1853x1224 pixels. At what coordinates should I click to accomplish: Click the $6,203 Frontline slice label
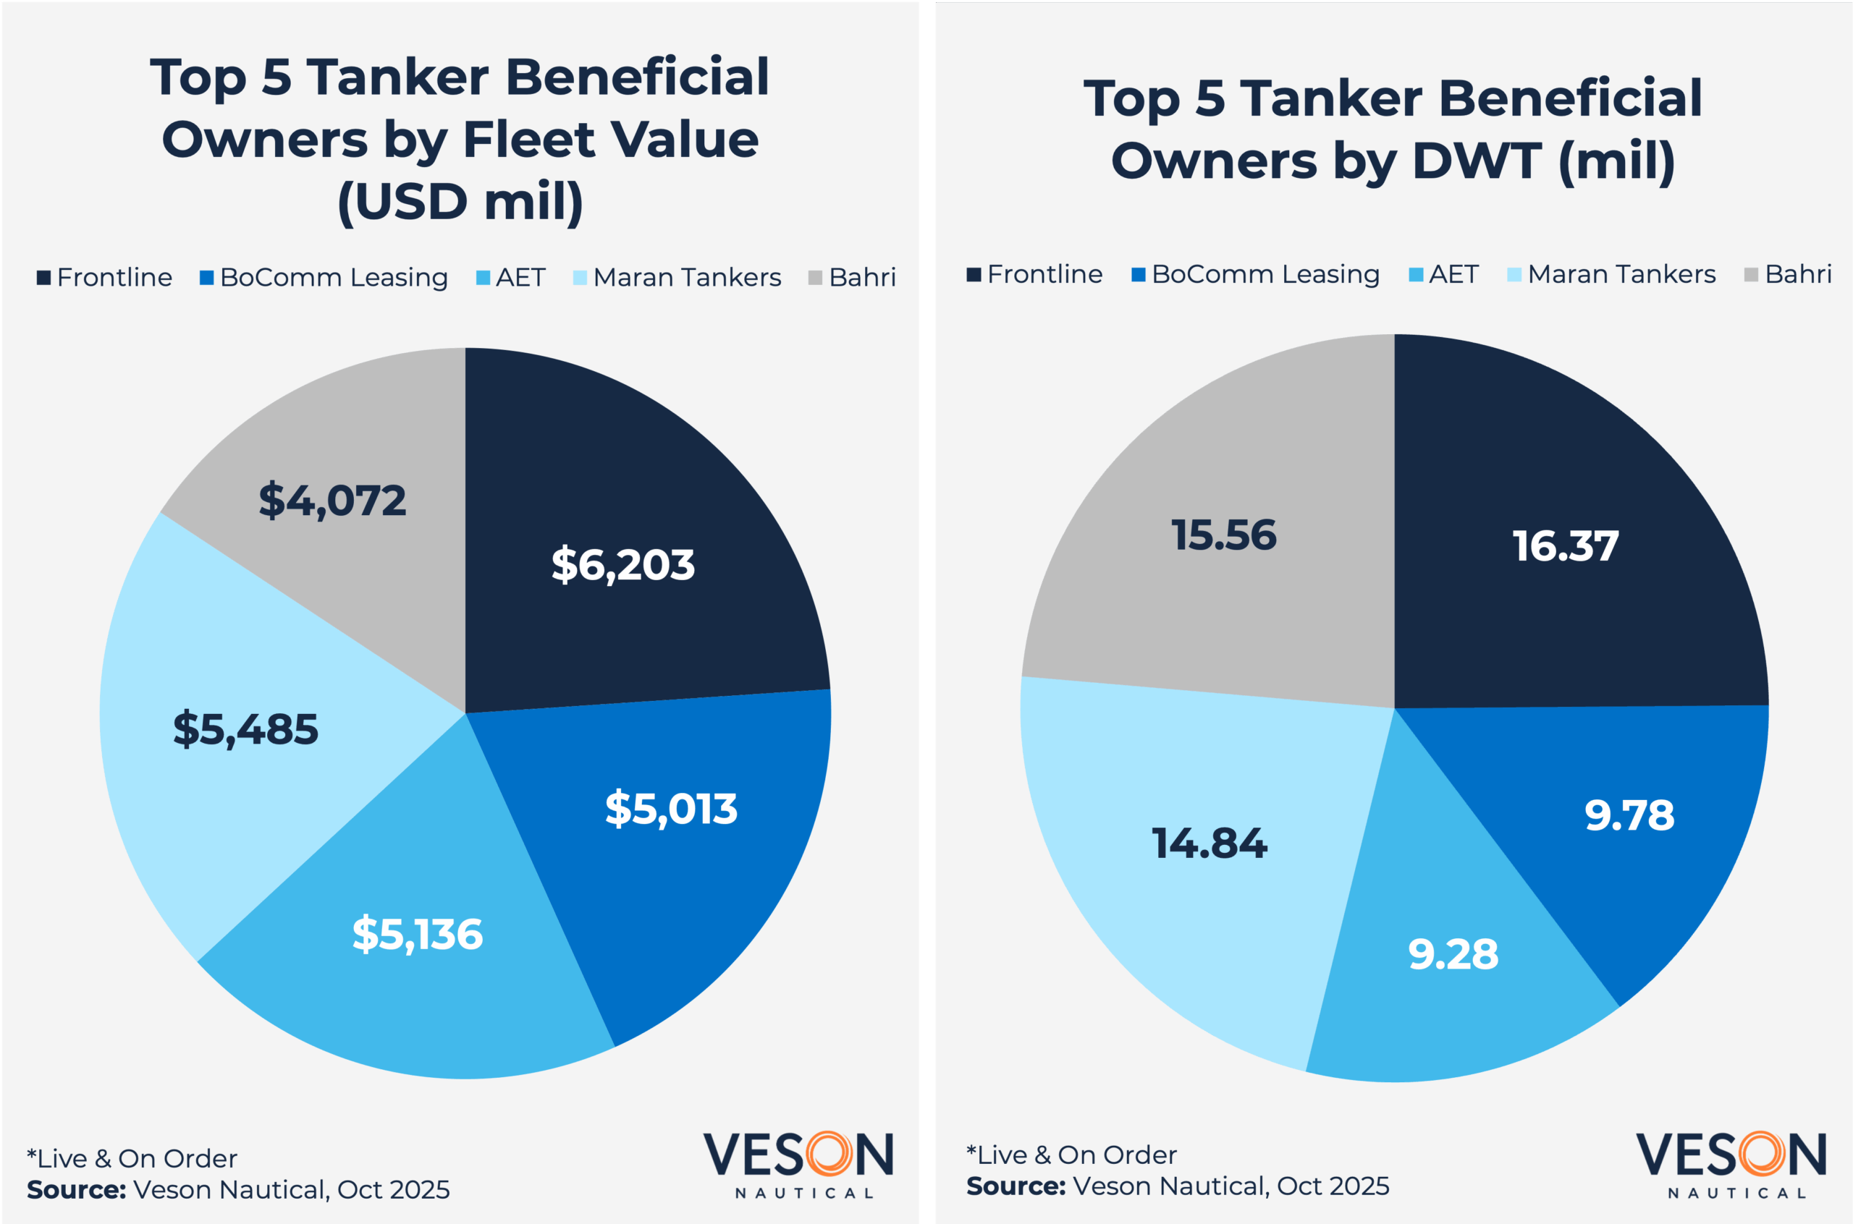[622, 565]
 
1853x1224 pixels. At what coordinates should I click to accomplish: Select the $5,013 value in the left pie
[671, 809]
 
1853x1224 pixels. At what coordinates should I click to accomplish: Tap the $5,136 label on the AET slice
[418, 935]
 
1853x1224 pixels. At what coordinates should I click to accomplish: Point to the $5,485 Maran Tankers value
[245, 730]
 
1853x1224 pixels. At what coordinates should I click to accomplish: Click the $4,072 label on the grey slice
[332, 501]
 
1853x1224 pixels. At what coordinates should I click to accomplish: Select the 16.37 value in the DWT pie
[1565, 545]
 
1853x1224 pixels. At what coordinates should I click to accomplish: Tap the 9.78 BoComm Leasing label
[1629, 816]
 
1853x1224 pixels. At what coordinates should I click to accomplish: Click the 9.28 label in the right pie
[1453, 955]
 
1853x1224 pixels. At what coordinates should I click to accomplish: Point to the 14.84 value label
[1210, 843]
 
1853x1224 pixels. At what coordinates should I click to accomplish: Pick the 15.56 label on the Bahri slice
[1223, 535]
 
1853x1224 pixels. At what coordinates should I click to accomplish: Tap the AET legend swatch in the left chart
[484, 278]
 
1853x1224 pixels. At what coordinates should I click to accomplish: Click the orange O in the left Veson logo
[829, 1154]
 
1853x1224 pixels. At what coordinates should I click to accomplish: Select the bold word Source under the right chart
[1015, 1186]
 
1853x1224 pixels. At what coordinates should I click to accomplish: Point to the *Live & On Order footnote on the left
[132, 1158]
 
